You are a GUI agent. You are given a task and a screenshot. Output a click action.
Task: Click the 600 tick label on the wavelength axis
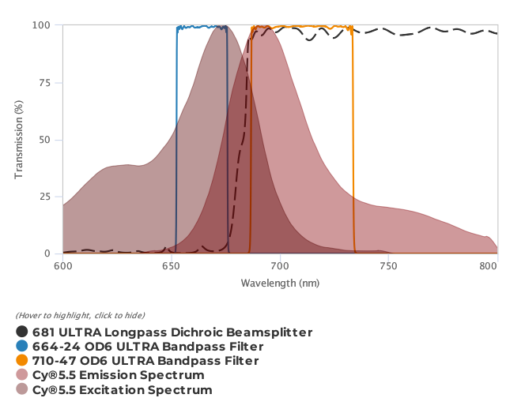[63, 267]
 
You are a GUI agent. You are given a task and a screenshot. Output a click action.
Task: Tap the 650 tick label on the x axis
[172, 267]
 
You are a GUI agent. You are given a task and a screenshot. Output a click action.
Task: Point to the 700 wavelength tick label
[281, 267]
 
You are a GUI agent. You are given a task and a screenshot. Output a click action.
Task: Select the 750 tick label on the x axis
[389, 267]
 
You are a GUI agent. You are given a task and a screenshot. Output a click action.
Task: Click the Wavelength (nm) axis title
[281, 283]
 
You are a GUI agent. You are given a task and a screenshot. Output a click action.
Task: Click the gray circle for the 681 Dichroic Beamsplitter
[22, 332]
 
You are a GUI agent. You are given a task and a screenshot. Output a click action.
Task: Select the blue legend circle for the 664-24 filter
[22, 347]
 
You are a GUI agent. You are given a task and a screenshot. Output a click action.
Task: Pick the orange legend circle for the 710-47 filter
[22, 361]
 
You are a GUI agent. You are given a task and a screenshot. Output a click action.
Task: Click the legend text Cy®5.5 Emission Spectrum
[119, 375]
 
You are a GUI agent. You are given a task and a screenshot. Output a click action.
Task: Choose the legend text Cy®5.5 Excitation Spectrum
[123, 390]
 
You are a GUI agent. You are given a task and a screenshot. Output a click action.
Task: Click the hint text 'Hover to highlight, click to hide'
[80, 316]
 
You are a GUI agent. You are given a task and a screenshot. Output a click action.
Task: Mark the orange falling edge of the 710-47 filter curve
[353, 142]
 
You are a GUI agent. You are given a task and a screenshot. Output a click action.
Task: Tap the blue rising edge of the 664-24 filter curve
[176, 142]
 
